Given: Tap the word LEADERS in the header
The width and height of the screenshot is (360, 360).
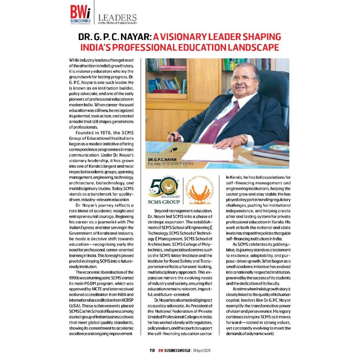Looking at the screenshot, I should (117, 17).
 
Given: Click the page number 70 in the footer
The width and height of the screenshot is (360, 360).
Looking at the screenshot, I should (152, 351).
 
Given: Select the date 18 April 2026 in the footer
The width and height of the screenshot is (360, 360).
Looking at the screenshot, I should (202, 351).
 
